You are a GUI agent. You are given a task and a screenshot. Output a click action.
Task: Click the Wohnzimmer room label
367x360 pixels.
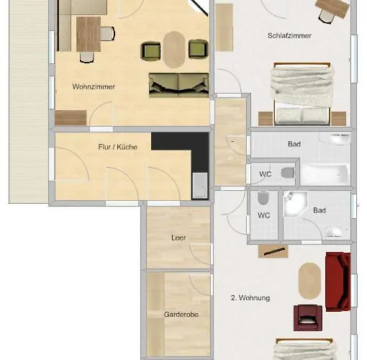94,86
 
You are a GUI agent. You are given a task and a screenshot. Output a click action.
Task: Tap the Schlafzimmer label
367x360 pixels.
289,35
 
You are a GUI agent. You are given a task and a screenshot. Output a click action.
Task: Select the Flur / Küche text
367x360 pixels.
118,147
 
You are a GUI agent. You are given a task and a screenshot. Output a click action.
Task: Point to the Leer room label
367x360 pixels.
178,238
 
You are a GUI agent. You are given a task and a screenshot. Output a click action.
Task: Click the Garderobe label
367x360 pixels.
181,314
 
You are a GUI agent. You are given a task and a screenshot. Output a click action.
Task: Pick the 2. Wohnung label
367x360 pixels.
250,298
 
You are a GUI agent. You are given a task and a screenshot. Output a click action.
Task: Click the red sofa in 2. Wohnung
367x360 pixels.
338,282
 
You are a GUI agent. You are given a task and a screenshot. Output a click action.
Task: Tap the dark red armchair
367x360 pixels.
308,318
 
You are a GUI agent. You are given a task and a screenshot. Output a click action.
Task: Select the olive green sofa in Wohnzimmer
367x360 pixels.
178,85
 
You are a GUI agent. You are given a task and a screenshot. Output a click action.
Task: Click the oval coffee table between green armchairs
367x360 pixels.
174,50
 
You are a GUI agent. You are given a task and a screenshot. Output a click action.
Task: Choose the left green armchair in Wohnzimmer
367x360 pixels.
150,50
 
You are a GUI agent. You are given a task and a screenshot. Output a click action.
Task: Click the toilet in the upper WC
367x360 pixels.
288,173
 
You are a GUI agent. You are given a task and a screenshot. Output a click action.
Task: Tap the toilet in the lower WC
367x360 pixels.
263,198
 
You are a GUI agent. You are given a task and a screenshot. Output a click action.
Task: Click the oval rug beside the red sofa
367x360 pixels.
309,281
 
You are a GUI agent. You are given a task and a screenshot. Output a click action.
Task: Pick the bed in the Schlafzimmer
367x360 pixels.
302,94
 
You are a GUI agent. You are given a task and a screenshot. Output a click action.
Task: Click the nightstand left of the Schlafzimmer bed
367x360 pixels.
266,119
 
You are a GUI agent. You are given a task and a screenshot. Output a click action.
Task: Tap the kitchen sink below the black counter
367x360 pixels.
200,186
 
